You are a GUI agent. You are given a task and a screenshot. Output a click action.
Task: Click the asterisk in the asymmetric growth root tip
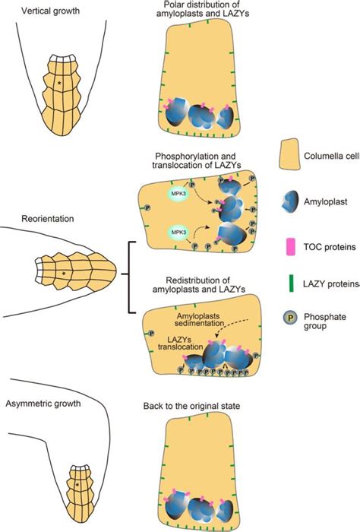[x=77, y=482]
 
